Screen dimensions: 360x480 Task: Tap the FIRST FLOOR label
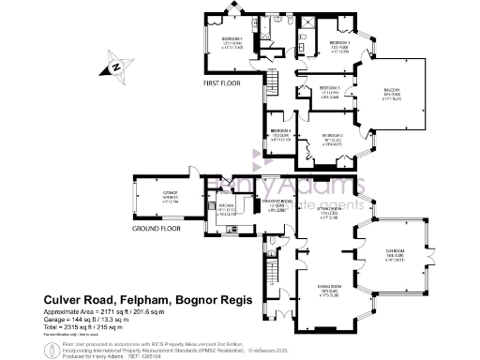tap(221, 84)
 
